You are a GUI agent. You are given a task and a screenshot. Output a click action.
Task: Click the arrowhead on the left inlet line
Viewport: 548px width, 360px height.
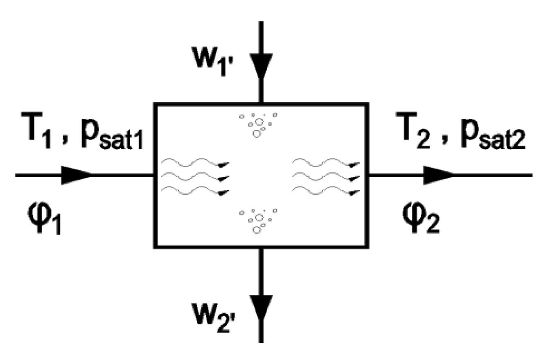coord(76,175)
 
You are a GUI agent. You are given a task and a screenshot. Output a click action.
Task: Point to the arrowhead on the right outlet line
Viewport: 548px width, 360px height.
coord(438,175)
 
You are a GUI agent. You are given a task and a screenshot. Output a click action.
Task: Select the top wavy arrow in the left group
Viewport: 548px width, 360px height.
coord(194,163)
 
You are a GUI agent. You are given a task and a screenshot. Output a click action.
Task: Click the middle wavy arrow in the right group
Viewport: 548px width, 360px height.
coord(325,177)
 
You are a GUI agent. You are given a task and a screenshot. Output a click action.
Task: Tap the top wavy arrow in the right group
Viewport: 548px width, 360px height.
coord(325,163)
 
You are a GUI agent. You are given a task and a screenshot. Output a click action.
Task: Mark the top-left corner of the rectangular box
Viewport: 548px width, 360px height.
coord(155,104)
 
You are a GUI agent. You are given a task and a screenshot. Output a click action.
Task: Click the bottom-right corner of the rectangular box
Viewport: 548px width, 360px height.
coord(368,247)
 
